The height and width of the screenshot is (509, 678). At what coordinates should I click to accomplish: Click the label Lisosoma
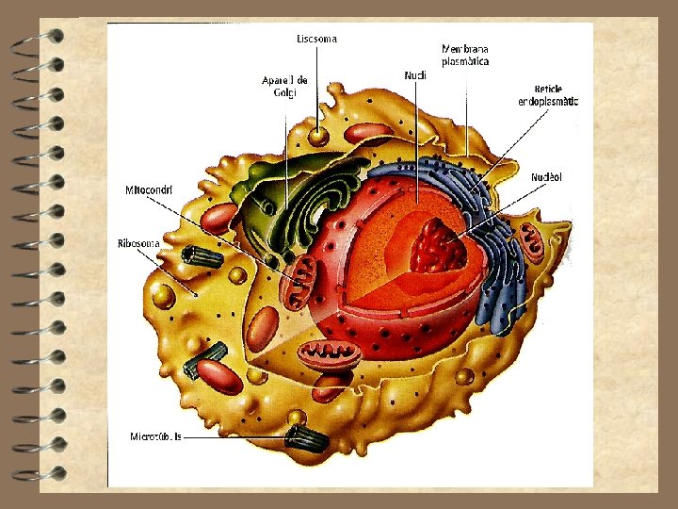pos(316,39)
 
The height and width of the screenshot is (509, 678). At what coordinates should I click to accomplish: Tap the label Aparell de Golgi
pos(284,86)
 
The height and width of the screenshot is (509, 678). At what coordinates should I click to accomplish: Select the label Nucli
pos(414,74)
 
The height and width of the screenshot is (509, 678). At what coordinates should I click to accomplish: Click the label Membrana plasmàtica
pos(465,55)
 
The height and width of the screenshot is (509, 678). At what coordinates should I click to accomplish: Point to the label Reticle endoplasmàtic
pos(547,95)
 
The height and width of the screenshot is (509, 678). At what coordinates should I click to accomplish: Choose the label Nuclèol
pos(546,176)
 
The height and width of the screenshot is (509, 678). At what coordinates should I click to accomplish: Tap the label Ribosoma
pos(138,242)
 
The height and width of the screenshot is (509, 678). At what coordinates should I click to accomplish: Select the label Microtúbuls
pos(156,436)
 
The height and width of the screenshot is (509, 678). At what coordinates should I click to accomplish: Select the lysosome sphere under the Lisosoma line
pos(319,135)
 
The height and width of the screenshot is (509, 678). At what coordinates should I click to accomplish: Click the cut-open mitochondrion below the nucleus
pos(330,354)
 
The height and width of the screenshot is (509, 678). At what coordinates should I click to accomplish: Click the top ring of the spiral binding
pos(38,39)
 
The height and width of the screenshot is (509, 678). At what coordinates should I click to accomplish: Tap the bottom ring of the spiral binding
pos(38,471)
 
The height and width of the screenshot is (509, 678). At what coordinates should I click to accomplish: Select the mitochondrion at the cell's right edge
pos(533,241)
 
